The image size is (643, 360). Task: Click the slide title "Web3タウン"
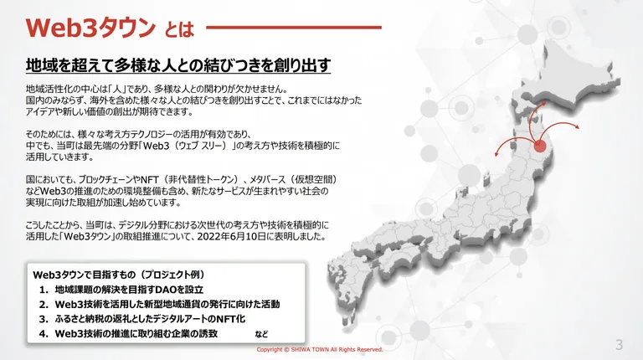click(90, 28)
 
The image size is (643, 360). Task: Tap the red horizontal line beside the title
click(294, 28)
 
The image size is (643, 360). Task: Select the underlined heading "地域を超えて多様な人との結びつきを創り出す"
click(178, 65)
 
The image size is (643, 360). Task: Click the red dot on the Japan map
click(540, 146)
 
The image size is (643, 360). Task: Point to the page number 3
click(619, 345)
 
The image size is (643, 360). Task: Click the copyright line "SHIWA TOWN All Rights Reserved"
click(337, 350)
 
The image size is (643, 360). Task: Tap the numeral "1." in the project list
click(44, 290)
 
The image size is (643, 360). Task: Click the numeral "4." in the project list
click(44, 334)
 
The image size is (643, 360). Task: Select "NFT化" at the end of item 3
click(231, 319)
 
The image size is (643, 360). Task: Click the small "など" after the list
click(261, 334)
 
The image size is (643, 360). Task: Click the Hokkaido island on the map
click(570, 76)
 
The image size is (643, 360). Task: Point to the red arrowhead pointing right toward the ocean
click(577, 126)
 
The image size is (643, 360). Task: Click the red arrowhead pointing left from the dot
click(496, 154)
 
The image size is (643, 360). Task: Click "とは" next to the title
click(179, 29)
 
